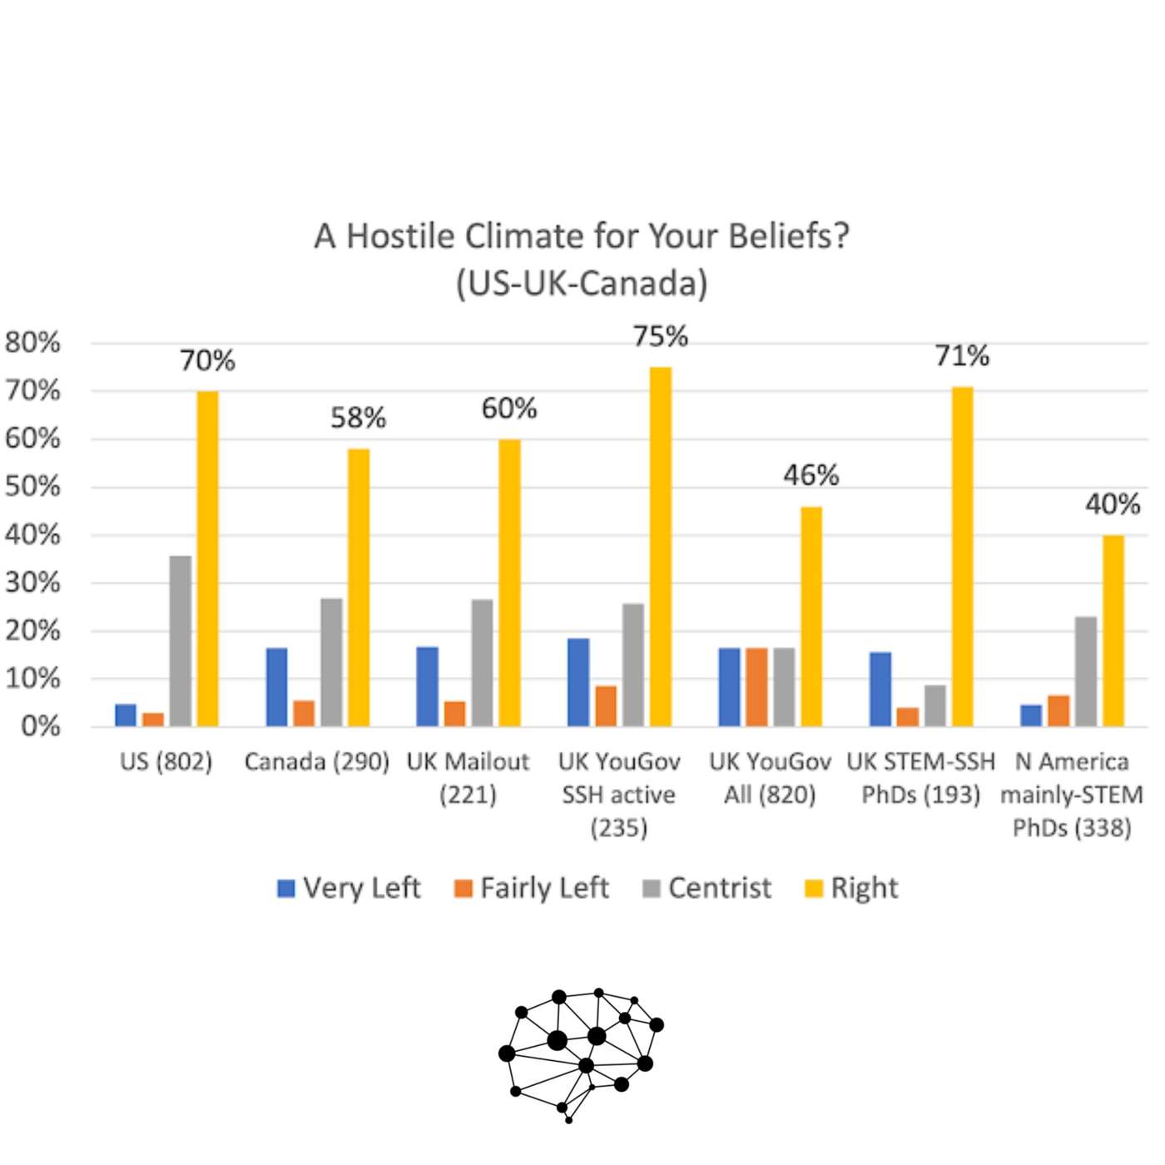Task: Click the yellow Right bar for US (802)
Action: tap(207, 558)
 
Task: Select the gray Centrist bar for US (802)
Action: tap(180, 641)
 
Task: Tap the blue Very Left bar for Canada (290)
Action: tap(276, 687)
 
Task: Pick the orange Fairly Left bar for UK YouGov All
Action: tap(756, 687)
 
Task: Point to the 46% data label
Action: tap(811, 475)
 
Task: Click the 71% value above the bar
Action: tap(961, 356)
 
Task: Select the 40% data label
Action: tap(1112, 504)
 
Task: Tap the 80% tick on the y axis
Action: tap(32, 342)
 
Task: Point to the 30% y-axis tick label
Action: tap(32, 582)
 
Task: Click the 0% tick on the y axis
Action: tap(40, 726)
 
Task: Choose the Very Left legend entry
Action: tap(349, 888)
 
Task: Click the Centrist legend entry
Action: tap(706, 888)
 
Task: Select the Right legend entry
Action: tap(851, 888)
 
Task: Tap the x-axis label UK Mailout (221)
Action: tap(468, 777)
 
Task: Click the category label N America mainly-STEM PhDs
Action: tap(1072, 794)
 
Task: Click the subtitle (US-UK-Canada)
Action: tap(582, 283)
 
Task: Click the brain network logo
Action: tap(582, 1053)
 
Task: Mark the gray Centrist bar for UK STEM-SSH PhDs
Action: tap(934, 705)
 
